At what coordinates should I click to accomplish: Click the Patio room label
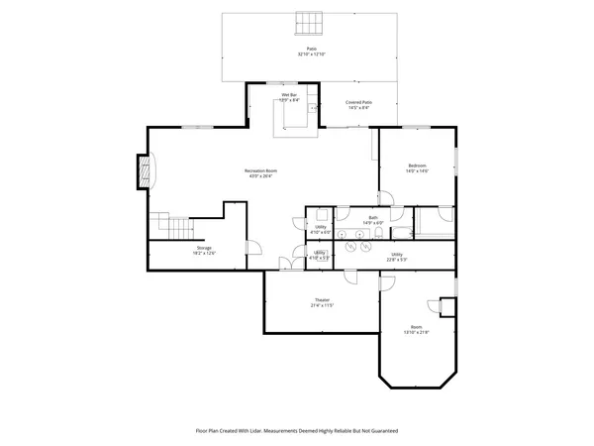[x=311, y=47]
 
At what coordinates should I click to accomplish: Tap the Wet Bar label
[x=289, y=94]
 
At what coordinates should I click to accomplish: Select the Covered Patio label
[x=358, y=102]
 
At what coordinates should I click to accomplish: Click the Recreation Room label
[x=260, y=170]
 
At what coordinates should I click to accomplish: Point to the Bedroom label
[x=417, y=165]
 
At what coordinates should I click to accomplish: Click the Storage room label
[x=203, y=248]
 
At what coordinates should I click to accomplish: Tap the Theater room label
[x=322, y=300]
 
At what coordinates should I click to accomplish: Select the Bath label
[x=373, y=217]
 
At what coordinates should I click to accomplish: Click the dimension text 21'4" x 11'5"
[x=322, y=306]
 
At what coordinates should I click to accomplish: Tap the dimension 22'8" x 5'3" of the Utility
[x=396, y=260]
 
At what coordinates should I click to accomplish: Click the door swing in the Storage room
[x=252, y=250]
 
